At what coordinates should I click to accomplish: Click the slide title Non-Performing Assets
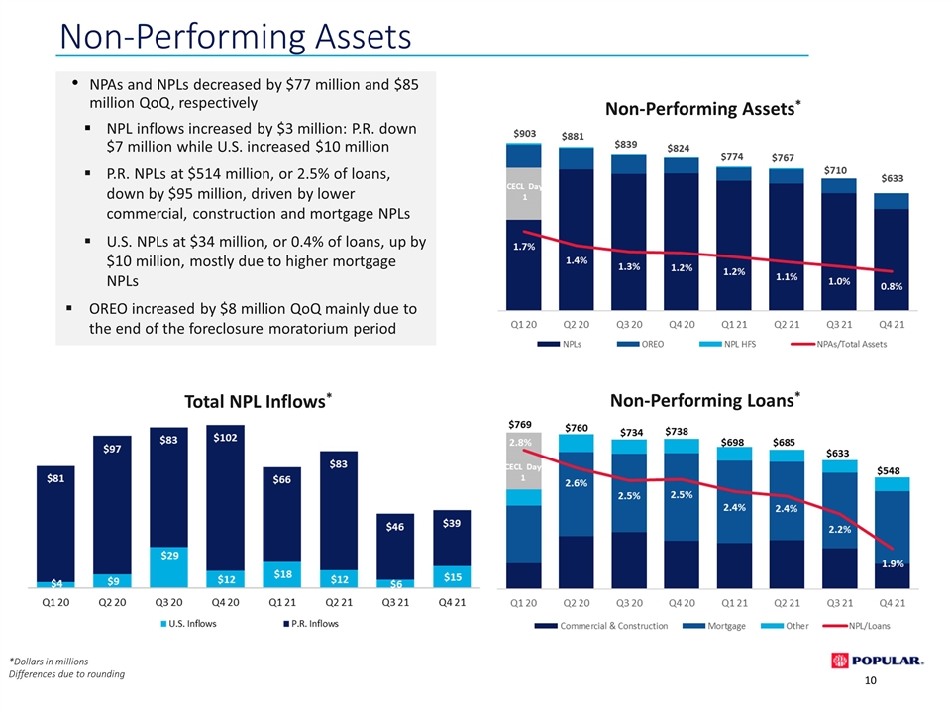[236, 36]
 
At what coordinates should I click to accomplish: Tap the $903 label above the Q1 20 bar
[525, 134]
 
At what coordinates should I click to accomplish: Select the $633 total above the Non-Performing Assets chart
[893, 178]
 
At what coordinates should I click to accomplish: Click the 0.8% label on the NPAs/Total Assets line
[892, 286]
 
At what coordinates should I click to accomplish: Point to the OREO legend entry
[640, 344]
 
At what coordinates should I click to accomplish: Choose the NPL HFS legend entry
[727, 344]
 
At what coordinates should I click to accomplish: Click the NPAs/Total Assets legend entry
[839, 344]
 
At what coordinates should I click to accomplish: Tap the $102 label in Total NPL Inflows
[225, 437]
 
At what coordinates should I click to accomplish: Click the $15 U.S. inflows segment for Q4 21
[452, 576]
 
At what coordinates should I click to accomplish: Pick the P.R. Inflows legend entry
[311, 623]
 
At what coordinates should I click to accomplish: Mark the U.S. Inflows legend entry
[188, 623]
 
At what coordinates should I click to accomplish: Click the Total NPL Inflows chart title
[258, 401]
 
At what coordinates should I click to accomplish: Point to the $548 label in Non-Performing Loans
[889, 470]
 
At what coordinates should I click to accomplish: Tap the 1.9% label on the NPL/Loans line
[893, 563]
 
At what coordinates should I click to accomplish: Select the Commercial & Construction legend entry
[601, 626]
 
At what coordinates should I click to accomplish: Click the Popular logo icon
[839, 661]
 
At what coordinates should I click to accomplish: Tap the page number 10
[871, 680]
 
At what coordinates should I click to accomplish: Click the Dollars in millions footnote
[49, 662]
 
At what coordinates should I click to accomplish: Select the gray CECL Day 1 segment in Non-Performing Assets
[524, 194]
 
